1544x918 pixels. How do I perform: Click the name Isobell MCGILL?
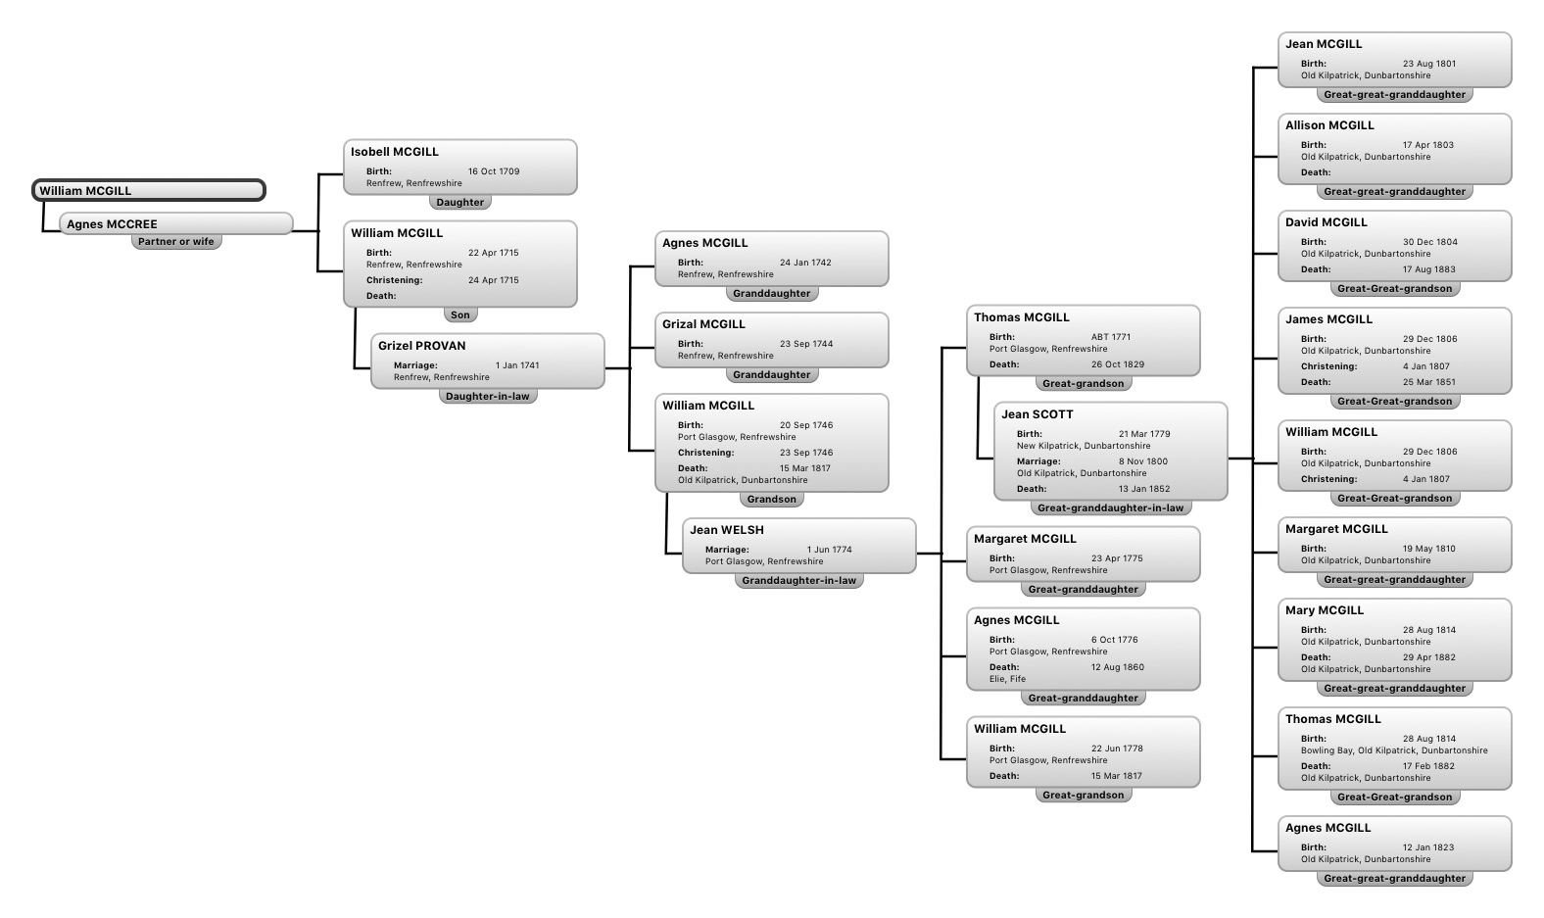[x=394, y=152]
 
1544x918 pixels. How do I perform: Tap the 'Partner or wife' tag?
[x=176, y=242]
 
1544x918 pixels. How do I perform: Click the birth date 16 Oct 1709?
[x=494, y=171]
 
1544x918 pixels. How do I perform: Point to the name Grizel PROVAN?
[x=421, y=346]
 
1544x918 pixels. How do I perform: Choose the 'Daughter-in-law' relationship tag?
[x=487, y=397]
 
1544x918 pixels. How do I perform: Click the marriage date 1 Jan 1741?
[x=517, y=365]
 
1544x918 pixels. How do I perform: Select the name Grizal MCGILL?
[x=703, y=324]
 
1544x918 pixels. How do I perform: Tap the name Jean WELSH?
[x=726, y=530]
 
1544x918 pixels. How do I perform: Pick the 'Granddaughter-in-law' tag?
[x=798, y=581]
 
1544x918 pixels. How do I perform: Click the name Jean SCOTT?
[x=1037, y=414]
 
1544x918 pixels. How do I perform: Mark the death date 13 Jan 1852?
[x=1144, y=489]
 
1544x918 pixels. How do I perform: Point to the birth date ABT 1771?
[x=1111, y=337]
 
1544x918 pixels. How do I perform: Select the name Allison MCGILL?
[x=1329, y=125]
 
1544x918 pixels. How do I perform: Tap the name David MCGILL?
[x=1326, y=222]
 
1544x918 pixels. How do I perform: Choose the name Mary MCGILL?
[x=1324, y=610]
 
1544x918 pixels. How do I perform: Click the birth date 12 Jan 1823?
[x=1428, y=847]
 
